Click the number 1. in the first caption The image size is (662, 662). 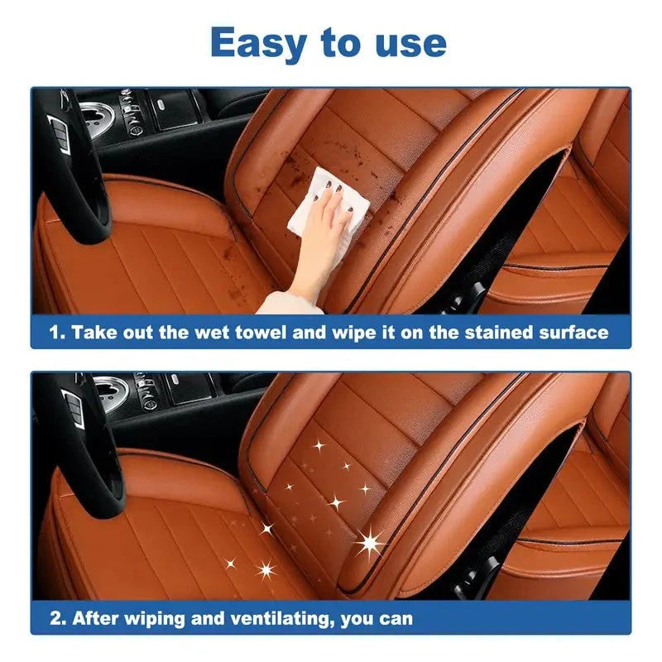coord(55,333)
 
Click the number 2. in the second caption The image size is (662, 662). coord(55,617)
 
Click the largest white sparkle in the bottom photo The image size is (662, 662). coord(370,543)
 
